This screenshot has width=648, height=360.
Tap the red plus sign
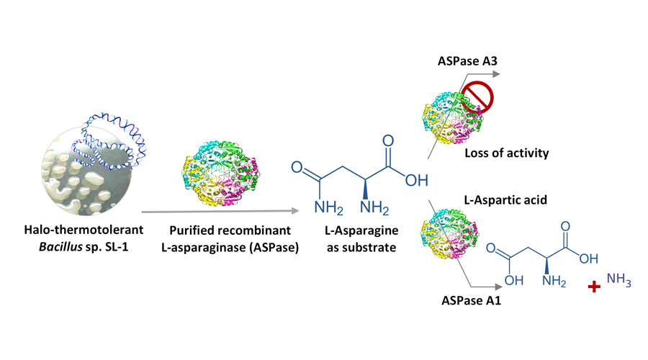tap(595, 287)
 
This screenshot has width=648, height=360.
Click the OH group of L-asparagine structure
tap(416, 179)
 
